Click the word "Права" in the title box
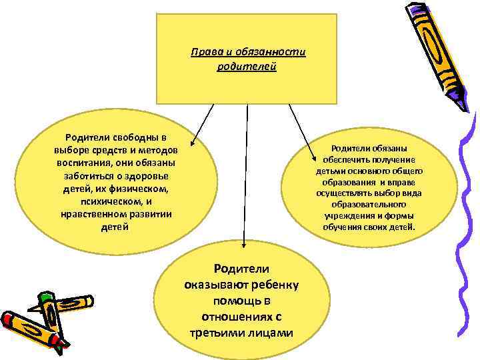pyautogui.click(x=202, y=53)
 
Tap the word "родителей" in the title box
pyautogui.click(x=246, y=67)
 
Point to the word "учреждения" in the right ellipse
pyautogui.click(x=345, y=216)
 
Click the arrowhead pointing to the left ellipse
pyautogui.click(x=192, y=141)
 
